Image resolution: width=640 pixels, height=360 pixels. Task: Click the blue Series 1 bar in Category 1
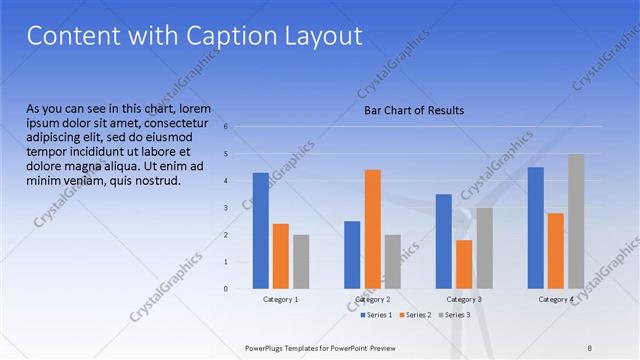pos(261,231)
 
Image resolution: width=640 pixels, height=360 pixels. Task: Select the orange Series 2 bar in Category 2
pos(372,229)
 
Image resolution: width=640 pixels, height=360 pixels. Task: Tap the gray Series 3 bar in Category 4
pos(576,221)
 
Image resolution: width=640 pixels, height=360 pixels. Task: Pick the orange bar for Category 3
pos(464,264)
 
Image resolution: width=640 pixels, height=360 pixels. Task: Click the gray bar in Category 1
pos(301,262)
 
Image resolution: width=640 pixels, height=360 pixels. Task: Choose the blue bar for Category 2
pos(352,255)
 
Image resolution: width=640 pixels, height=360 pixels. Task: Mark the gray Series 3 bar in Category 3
pos(484,248)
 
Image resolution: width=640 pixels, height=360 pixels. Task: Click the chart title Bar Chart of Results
pos(413,110)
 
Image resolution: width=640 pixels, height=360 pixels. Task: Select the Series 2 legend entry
pos(416,315)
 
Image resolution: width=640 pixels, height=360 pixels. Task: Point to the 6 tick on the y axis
pos(227,127)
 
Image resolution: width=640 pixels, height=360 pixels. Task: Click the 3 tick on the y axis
pos(227,208)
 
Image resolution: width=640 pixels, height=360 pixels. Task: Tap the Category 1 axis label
pos(281,299)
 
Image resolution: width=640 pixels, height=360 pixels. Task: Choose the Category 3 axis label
pos(464,299)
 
